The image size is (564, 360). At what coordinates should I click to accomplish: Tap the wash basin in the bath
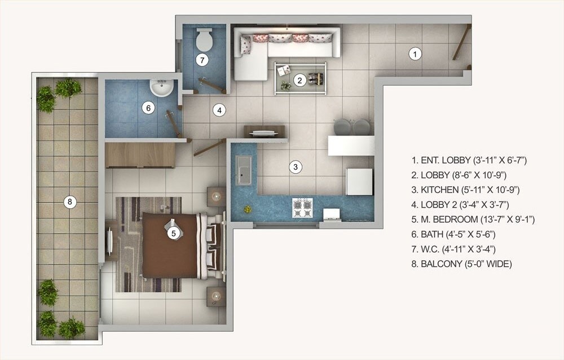162,88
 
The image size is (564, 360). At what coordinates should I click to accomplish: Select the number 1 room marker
415,55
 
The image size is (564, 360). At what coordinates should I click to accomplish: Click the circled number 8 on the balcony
69,201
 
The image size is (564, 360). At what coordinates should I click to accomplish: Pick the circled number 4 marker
219,110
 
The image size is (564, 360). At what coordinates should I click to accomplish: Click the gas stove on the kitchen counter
302,208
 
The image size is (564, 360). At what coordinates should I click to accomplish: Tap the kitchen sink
244,170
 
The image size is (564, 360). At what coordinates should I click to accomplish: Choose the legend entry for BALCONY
462,264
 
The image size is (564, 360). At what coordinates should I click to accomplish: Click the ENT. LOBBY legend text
469,160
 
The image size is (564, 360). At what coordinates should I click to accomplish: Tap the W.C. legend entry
458,249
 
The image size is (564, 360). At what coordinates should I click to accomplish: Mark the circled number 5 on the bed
174,232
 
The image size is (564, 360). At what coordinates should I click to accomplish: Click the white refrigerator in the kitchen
359,181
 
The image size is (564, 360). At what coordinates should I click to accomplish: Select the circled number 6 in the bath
148,108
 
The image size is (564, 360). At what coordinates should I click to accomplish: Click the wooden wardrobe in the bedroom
140,155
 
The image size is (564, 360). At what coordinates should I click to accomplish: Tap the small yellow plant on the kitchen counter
248,209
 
